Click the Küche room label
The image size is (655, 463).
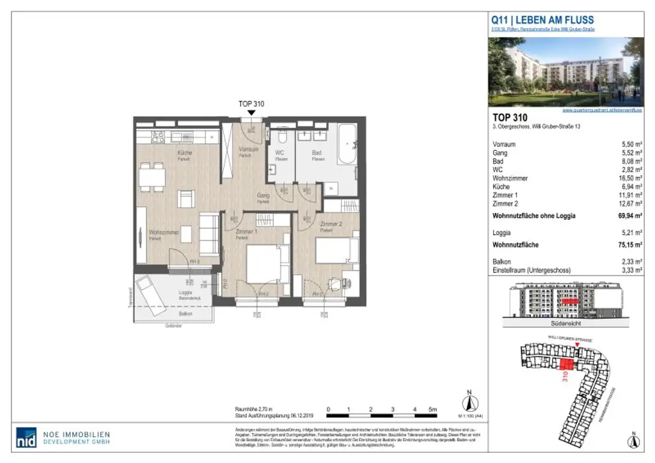[184, 153]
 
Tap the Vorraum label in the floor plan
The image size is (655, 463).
[249, 150]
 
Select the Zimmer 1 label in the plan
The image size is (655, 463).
[247, 231]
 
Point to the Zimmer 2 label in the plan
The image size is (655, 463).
[332, 224]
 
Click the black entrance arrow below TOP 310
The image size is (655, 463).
[251, 113]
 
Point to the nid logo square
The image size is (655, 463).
[26, 437]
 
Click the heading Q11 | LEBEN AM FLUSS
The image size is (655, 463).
[541, 20]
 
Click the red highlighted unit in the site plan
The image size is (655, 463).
[565, 365]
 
